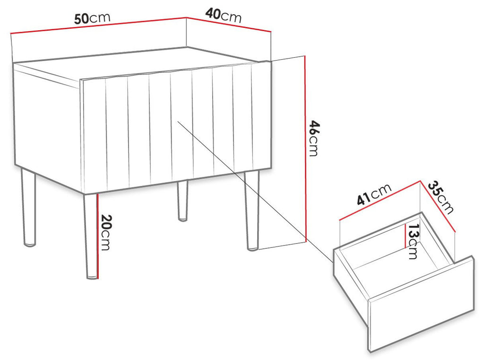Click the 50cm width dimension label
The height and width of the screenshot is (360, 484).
coord(92,18)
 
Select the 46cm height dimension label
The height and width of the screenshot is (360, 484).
coord(314,139)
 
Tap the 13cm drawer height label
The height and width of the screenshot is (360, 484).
coord(413,242)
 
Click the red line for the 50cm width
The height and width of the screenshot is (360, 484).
coord(99,26)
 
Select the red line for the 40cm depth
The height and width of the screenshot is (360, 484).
coord(229,25)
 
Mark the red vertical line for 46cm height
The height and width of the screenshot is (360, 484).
coord(305,149)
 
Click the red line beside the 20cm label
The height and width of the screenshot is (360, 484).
coord(97,236)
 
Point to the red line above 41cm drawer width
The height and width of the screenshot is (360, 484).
coord(380,200)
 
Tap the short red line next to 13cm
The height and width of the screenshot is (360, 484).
coord(405,236)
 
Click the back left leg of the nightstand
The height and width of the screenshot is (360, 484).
coord(28,207)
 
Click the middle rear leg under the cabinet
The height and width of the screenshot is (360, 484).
coord(182,201)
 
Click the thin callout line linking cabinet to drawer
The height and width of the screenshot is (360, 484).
coord(255,192)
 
